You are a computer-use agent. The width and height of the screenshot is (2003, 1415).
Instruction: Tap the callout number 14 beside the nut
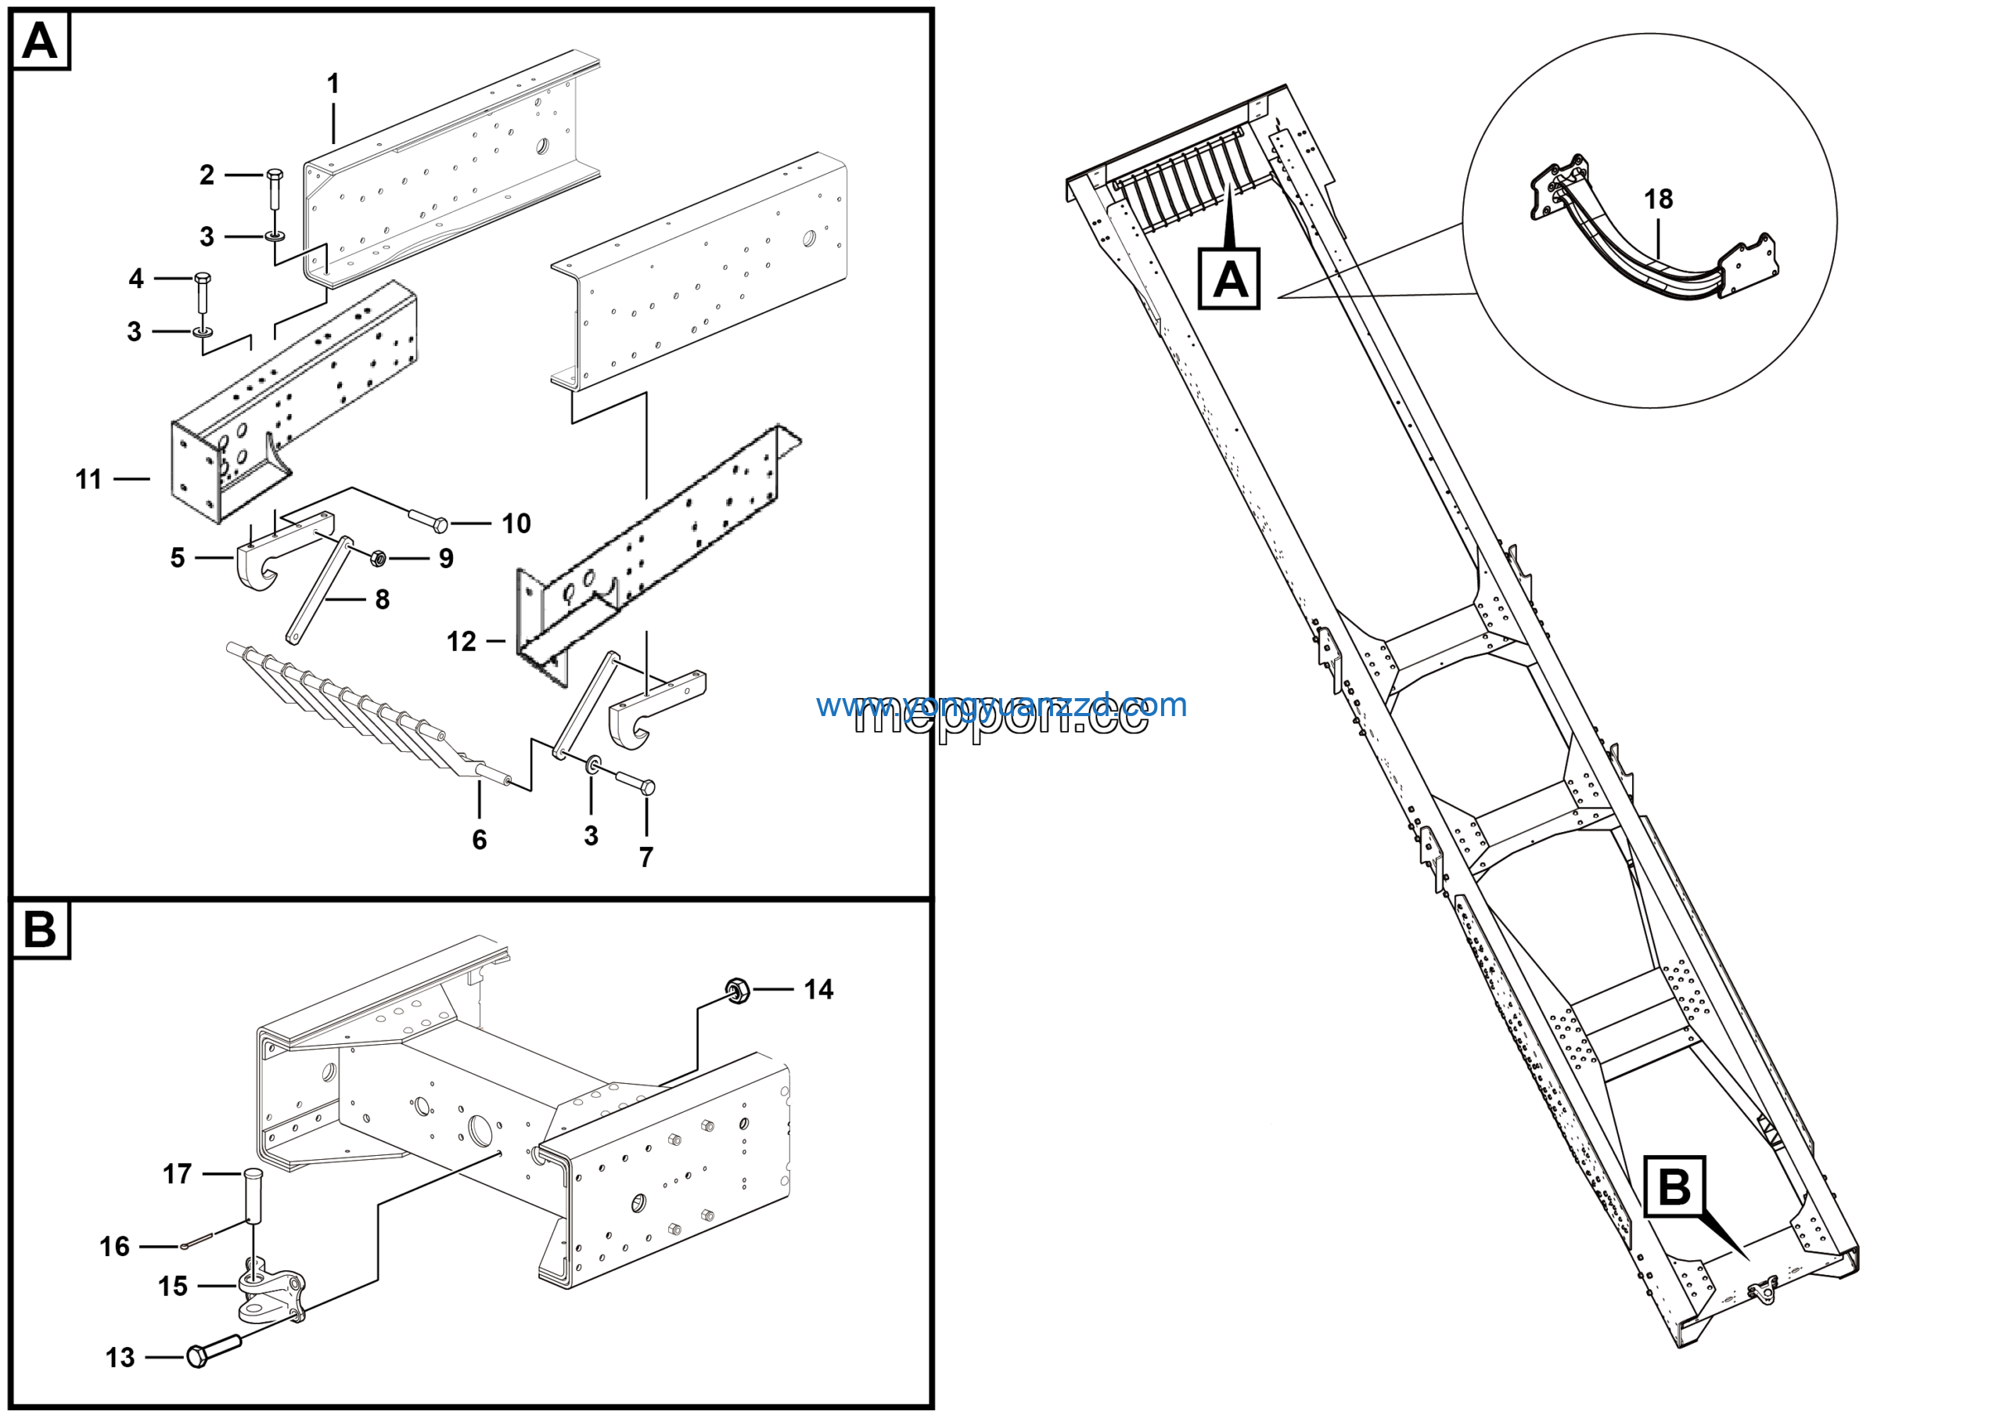(x=818, y=989)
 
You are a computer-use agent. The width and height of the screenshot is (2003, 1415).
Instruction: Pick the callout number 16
(x=114, y=1246)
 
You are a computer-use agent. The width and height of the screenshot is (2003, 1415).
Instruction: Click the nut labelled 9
(x=378, y=557)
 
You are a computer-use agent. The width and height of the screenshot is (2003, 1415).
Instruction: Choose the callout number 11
(x=88, y=479)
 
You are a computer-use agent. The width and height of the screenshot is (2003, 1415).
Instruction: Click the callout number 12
(x=462, y=641)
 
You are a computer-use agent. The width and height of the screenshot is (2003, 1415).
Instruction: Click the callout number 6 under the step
(x=479, y=839)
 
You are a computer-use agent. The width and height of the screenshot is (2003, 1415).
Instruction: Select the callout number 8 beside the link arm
(x=382, y=599)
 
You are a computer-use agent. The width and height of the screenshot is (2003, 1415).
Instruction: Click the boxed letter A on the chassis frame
(x=1229, y=279)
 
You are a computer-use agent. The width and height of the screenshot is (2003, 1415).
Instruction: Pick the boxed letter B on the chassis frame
(x=1674, y=1187)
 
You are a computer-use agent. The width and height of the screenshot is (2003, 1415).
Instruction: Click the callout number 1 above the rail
(x=333, y=84)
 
